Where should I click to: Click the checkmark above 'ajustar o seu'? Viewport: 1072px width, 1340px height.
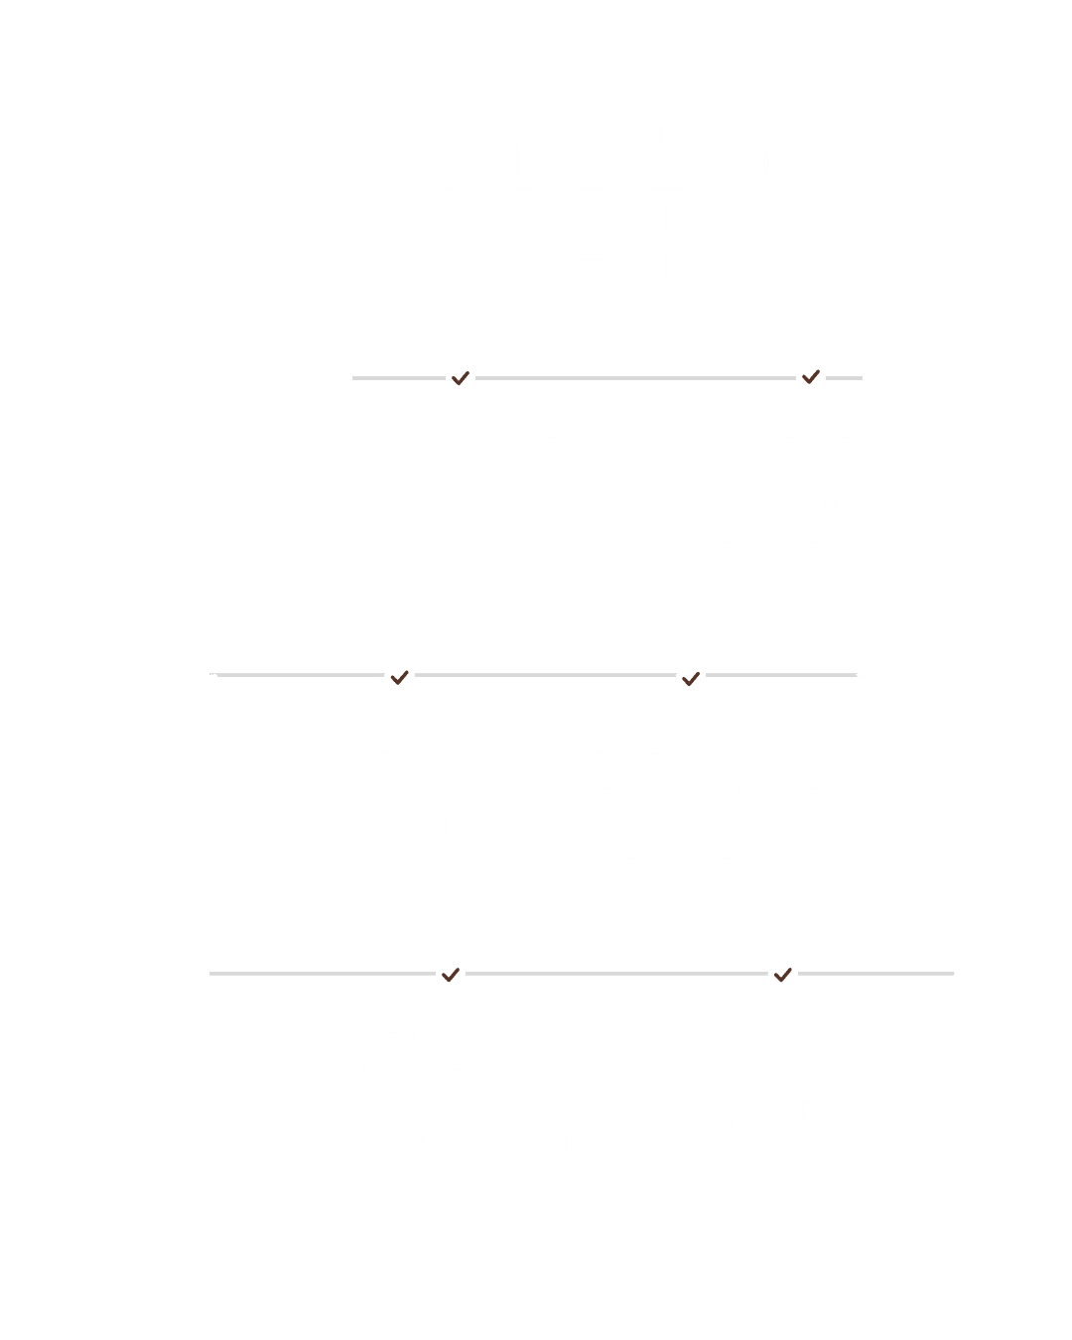coord(460,378)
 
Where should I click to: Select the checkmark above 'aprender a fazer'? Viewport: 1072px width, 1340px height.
coord(811,377)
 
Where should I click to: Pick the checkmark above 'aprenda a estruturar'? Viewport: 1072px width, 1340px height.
coord(399,678)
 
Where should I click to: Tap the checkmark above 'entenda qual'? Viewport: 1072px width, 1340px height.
coord(691,679)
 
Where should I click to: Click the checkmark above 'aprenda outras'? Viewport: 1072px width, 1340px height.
coord(451,974)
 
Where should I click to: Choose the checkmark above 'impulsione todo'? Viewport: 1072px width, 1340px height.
coord(782,974)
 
